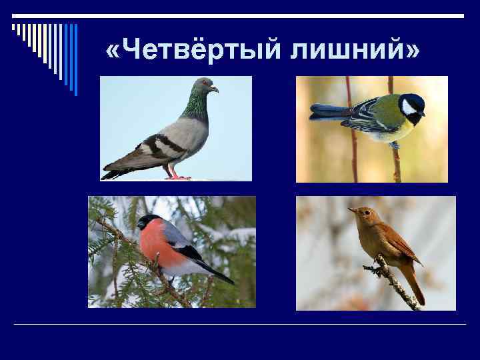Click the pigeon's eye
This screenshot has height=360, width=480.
(206, 85)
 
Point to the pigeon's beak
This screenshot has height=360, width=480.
(215, 89)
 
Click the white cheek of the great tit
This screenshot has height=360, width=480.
(408, 107)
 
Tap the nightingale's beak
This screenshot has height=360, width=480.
(351, 209)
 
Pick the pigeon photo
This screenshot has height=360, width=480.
(176, 128)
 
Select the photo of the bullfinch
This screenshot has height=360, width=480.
(171, 252)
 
